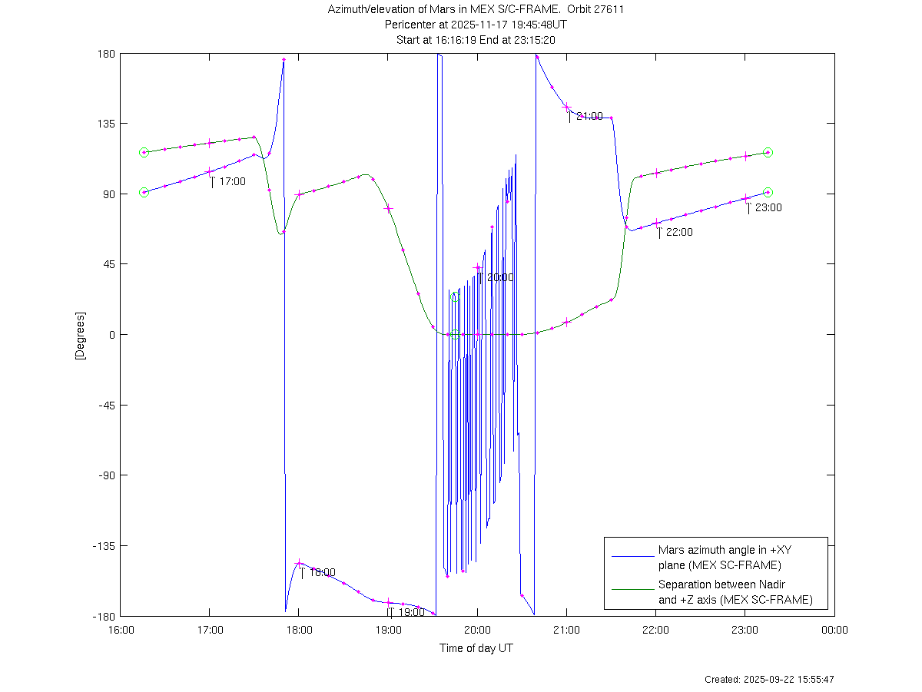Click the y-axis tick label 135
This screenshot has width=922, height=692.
pos(106,124)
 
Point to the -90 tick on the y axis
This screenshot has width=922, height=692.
pos(104,475)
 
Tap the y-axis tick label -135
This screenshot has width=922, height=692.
pos(102,546)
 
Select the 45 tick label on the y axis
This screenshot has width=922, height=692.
pos(108,264)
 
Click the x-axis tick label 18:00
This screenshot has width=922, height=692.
pos(299,631)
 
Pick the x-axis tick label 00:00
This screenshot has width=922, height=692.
pos(834,631)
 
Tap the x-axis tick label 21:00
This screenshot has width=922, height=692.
pos(567,631)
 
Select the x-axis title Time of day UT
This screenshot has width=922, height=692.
pos(476,648)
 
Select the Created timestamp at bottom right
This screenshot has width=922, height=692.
pos(769,680)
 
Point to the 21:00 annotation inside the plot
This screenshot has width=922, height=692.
pos(589,116)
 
